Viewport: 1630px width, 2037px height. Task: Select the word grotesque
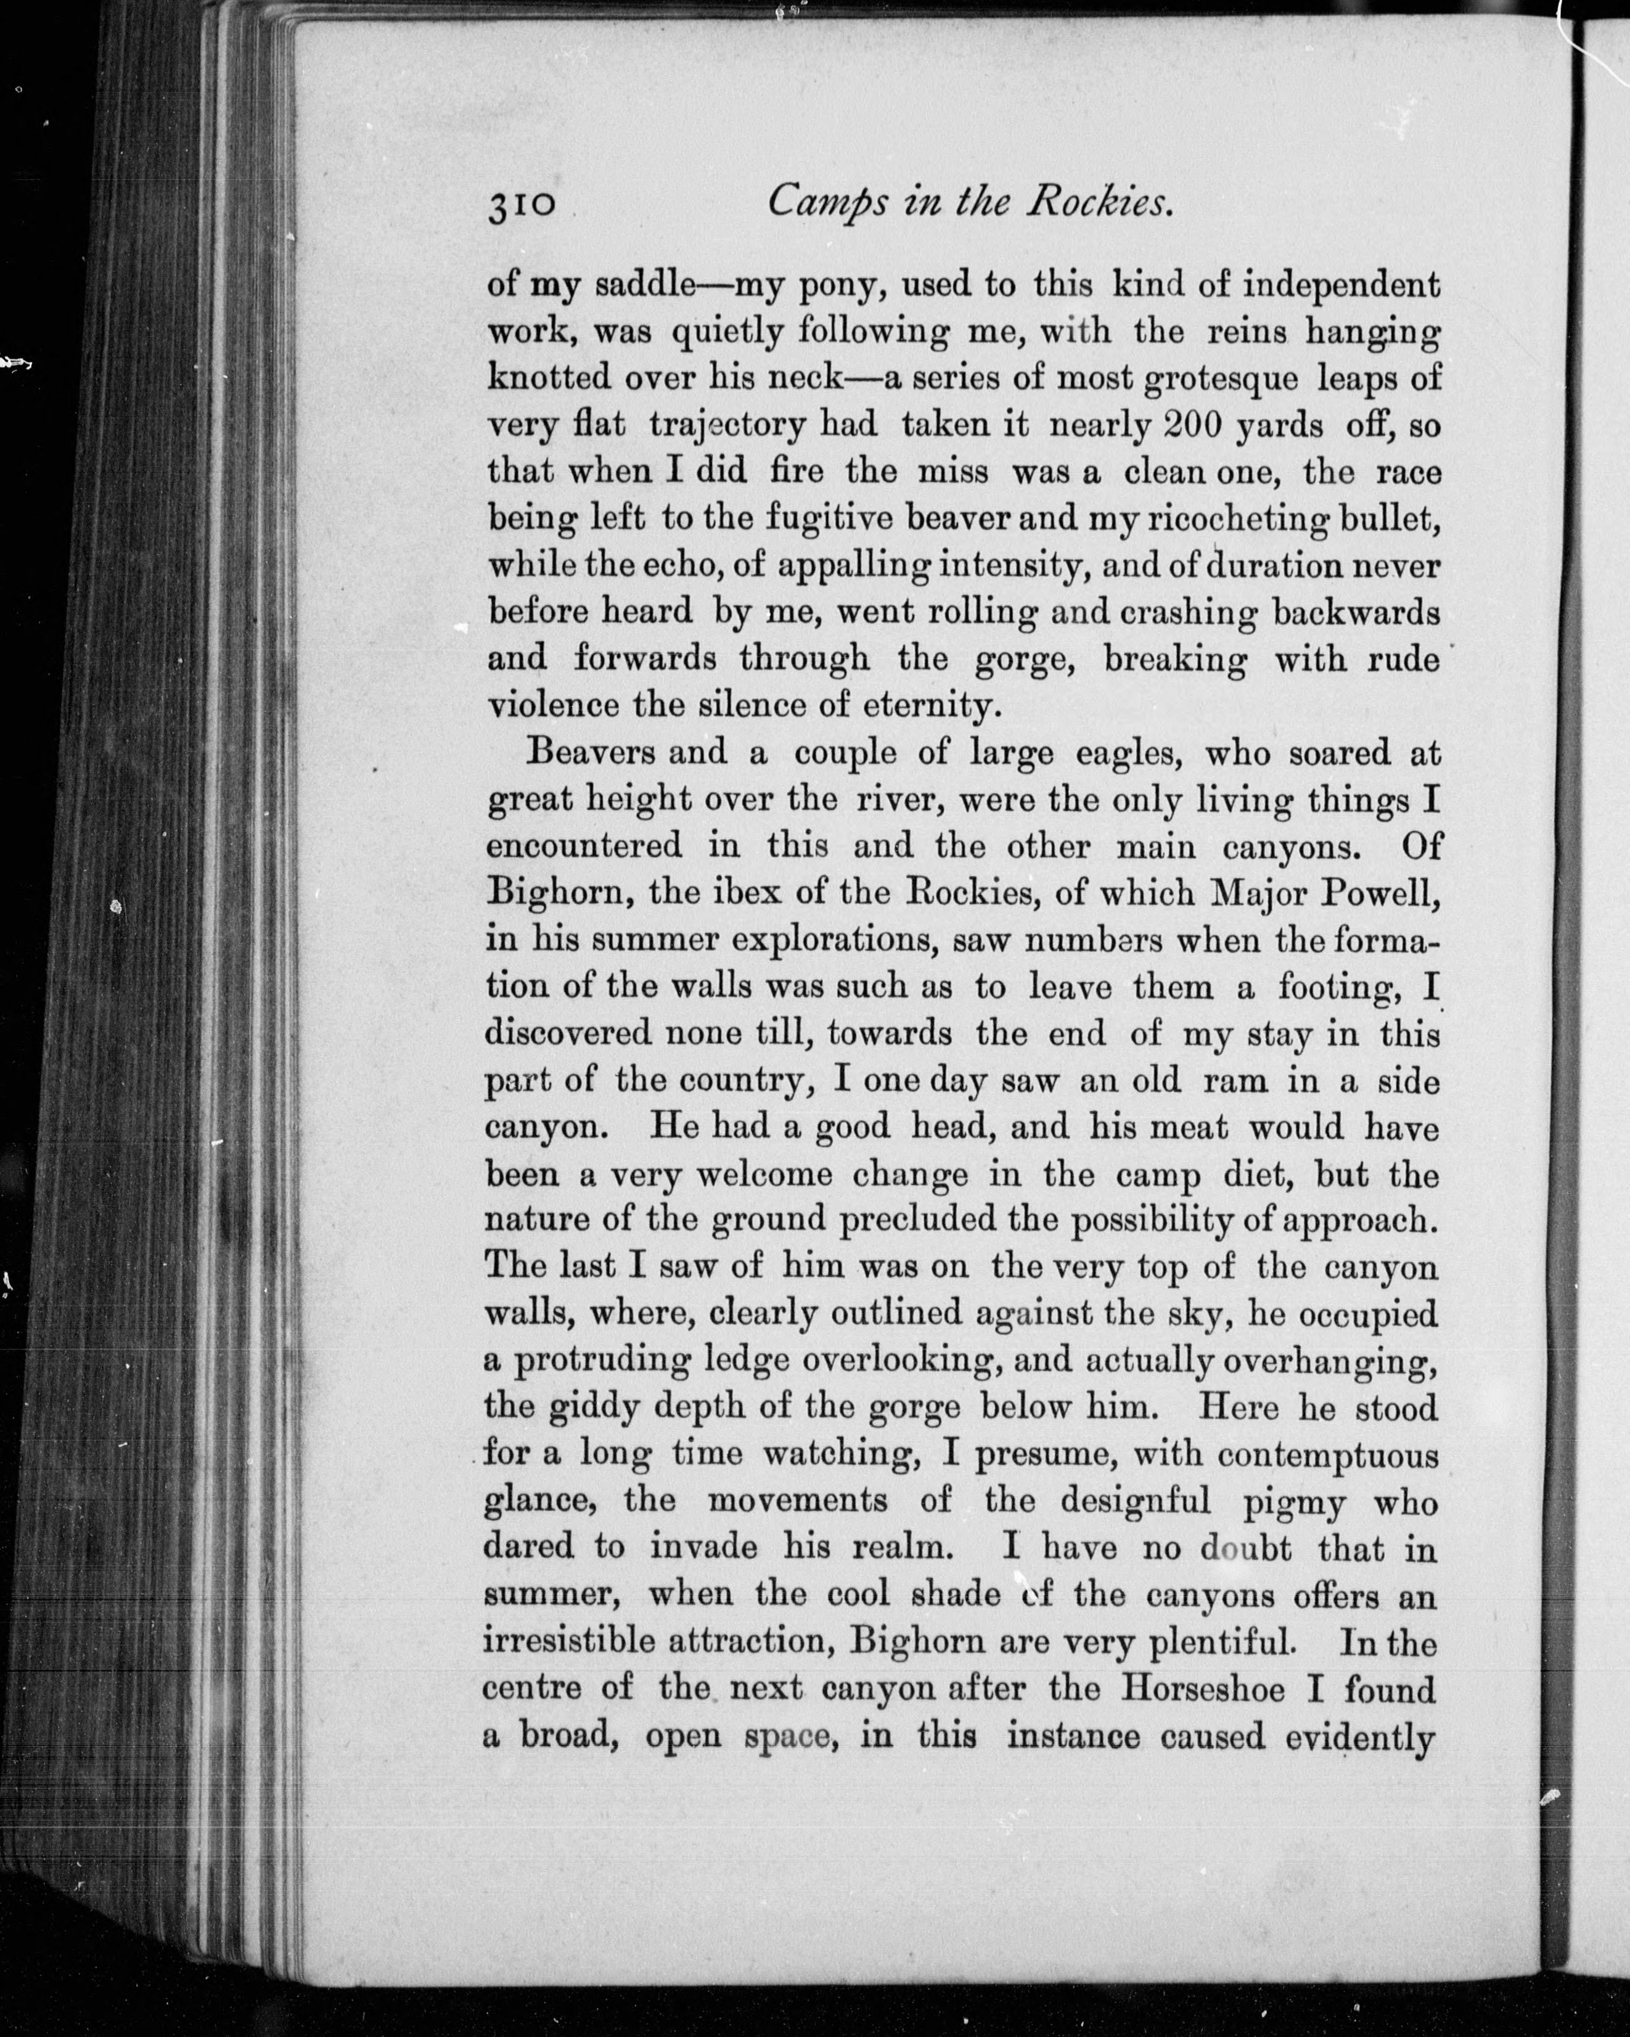(1224, 380)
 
